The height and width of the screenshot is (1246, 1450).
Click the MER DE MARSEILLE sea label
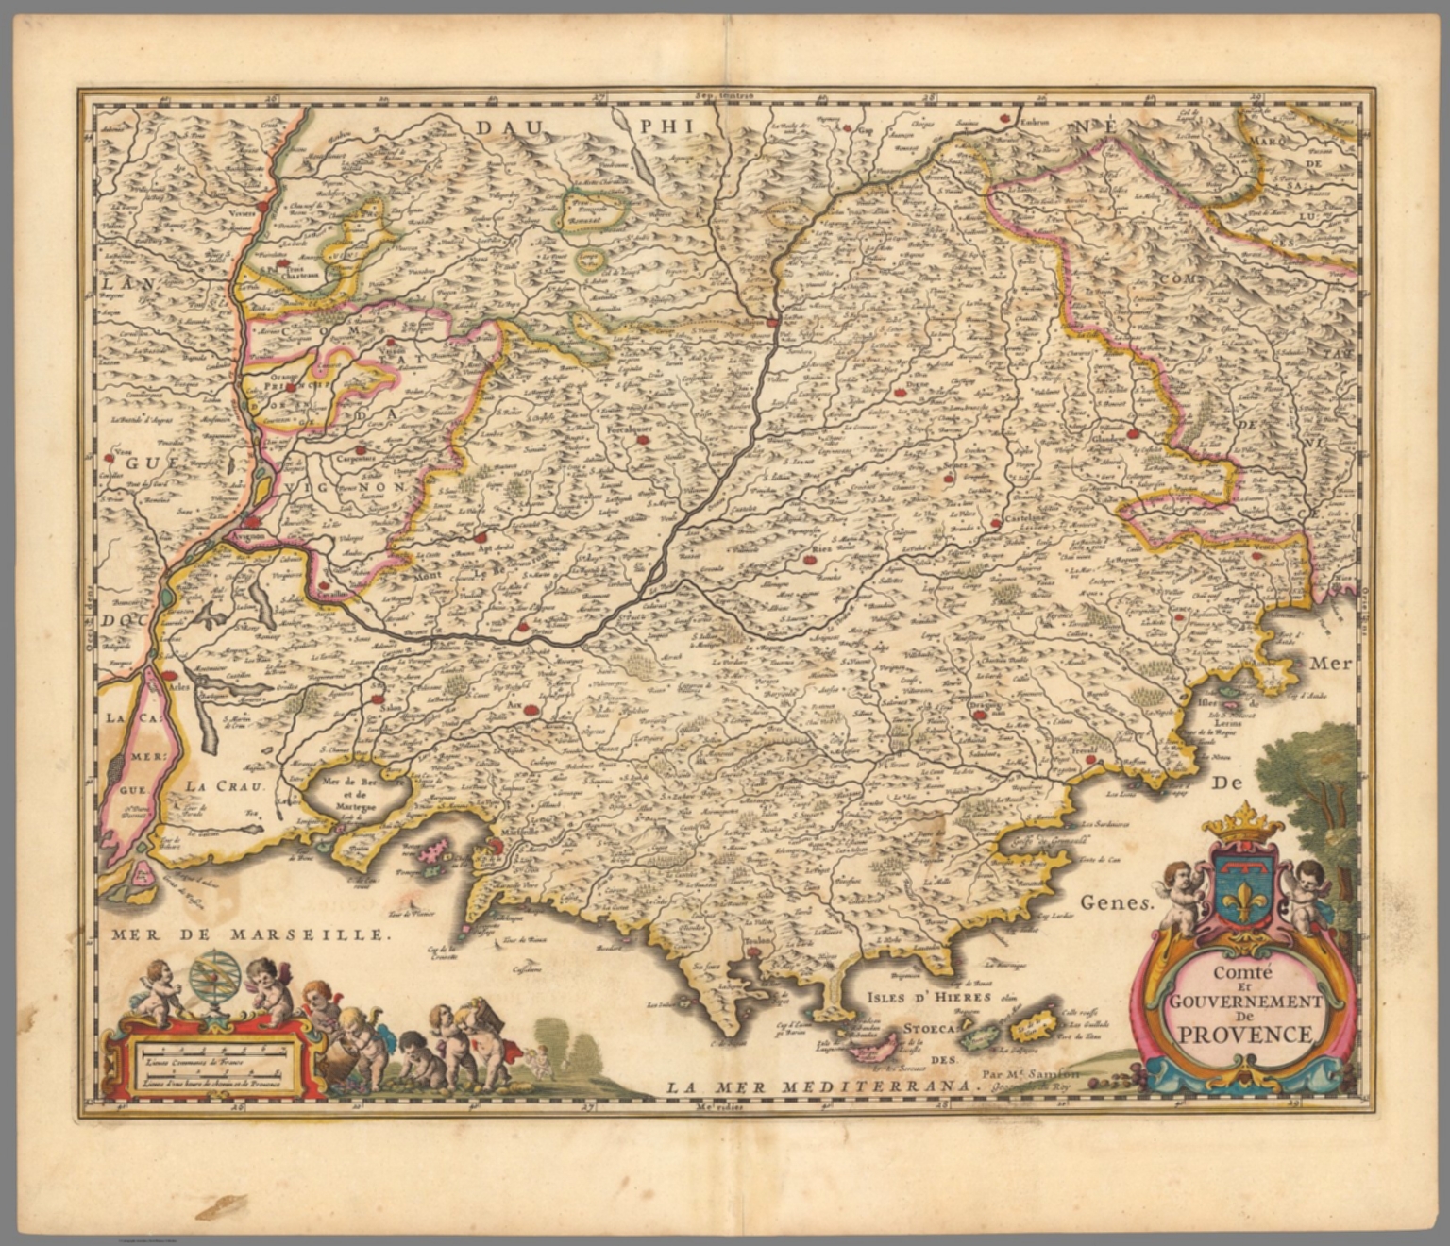[248, 935]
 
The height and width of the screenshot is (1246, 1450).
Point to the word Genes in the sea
[1120, 901]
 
